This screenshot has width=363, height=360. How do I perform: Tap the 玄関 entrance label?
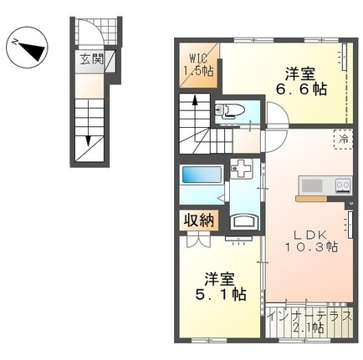coord(92,59)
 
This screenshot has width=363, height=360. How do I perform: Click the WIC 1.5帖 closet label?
coord(198,65)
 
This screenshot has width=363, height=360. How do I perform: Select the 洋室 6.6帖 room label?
coord(301,82)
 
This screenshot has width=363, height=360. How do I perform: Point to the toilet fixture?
coord(230,110)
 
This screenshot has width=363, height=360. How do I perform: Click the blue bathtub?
coord(202,175)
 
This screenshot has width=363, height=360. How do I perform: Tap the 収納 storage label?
coord(199,221)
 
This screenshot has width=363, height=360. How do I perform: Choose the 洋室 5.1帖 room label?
coord(221,286)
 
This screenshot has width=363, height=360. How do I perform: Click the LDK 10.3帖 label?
coord(311,241)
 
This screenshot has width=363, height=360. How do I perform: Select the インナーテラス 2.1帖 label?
coord(309,322)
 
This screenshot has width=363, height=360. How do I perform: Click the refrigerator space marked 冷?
coord(343,139)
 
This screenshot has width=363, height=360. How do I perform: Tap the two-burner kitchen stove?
coord(344,185)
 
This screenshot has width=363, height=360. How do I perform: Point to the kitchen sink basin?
coord(312,185)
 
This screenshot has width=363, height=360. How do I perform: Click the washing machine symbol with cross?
coord(241,169)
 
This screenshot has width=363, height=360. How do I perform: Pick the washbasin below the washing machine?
coord(244,221)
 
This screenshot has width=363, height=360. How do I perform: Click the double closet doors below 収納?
coord(198,240)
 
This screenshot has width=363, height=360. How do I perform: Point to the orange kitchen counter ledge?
coord(311,199)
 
